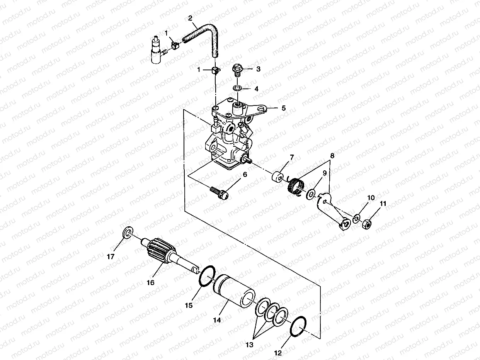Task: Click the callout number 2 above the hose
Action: [190, 18]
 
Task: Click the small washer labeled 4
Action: [238, 89]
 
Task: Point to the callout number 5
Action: [283, 109]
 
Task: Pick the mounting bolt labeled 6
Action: [219, 193]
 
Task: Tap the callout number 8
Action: [331, 157]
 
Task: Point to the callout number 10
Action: [371, 197]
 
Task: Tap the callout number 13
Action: [249, 345]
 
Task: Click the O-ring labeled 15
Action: [205, 277]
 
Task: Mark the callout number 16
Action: [150, 283]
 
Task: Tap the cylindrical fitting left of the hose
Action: [156, 50]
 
